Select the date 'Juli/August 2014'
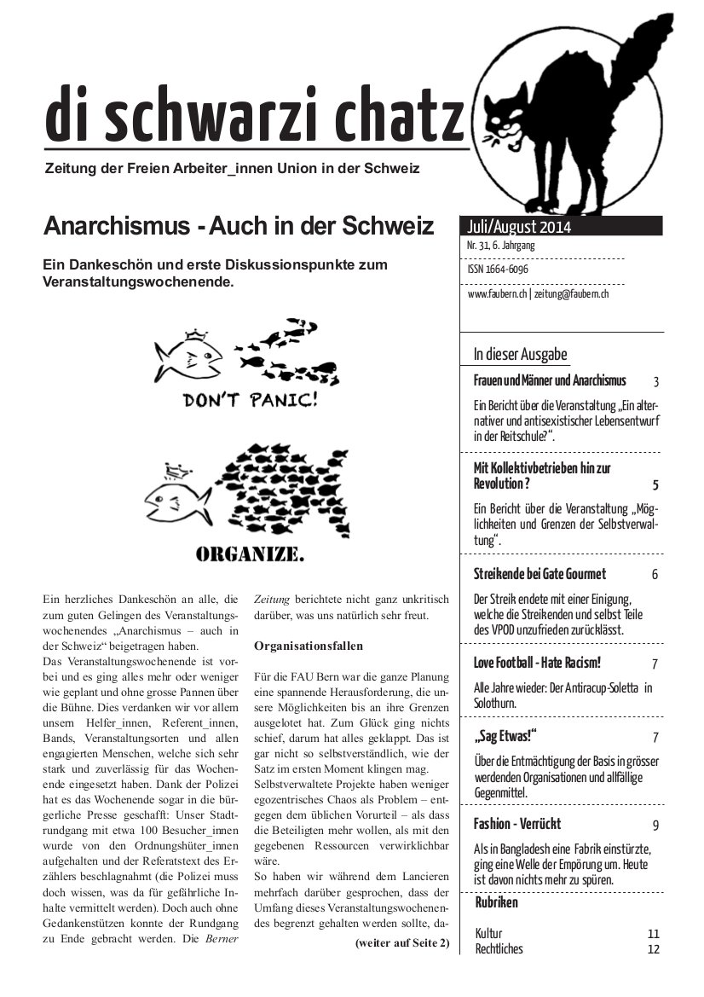coord(519,227)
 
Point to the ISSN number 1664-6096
coord(498,270)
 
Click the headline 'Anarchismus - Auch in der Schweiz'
coord(239,226)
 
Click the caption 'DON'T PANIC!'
coord(249,400)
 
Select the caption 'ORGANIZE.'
coord(250,555)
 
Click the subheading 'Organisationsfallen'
coord(309,646)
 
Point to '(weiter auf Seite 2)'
coord(401,942)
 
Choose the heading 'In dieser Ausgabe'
coord(521,355)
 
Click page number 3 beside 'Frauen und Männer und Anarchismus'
coord(655,382)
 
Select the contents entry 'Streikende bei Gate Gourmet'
coord(540,574)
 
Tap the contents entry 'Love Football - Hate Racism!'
coord(537,663)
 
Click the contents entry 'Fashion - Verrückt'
coord(517,824)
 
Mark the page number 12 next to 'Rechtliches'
coord(654,948)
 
